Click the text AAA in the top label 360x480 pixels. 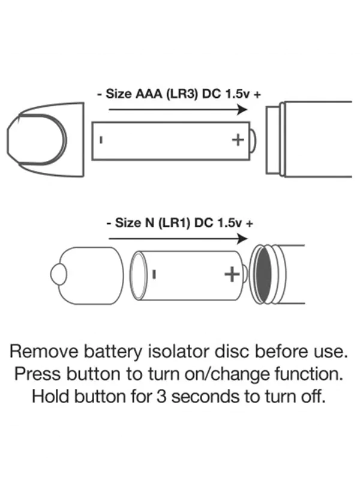coord(149,94)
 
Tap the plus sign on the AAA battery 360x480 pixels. coord(238,140)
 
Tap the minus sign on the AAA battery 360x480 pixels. coord(101,140)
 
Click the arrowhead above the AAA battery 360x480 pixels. coord(242,110)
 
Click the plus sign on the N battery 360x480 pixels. coord(232,274)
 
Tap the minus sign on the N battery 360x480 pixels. coord(155,274)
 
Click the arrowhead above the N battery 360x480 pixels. coord(242,238)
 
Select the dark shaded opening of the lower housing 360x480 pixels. coord(263,274)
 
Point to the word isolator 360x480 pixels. coord(201,351)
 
